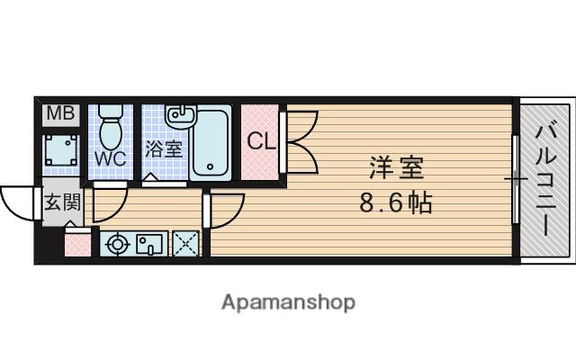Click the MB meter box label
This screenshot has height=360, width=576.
click(x=60, y=113)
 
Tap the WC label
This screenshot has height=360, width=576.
click(x=110, y=158)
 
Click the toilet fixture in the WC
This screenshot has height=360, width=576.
click(x=110, y=126)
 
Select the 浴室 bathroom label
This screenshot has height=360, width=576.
click(x=164, y=148)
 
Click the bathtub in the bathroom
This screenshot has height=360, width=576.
click(x=211, y=143)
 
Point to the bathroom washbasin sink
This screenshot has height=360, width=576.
click(x=180, y=116)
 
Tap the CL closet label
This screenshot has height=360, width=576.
click(x=261, y=141)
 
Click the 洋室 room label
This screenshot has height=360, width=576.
click(x=396, y=167)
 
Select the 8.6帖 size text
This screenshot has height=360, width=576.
click(x=395, y=202)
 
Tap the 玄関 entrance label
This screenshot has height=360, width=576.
click(x=62, y=202)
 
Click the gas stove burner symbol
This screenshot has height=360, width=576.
click(x=118, y=244)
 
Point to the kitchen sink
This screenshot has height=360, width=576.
click(x=149, y=244)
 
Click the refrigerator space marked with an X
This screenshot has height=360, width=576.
click(x=185, y=244)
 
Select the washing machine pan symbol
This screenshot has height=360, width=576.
click(x=61, y=150)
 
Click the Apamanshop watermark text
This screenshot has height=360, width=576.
click(x=288, y=302)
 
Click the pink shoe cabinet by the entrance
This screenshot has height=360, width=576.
click(x=77, y=245)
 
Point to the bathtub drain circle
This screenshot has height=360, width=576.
click(x=210, y=166)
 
